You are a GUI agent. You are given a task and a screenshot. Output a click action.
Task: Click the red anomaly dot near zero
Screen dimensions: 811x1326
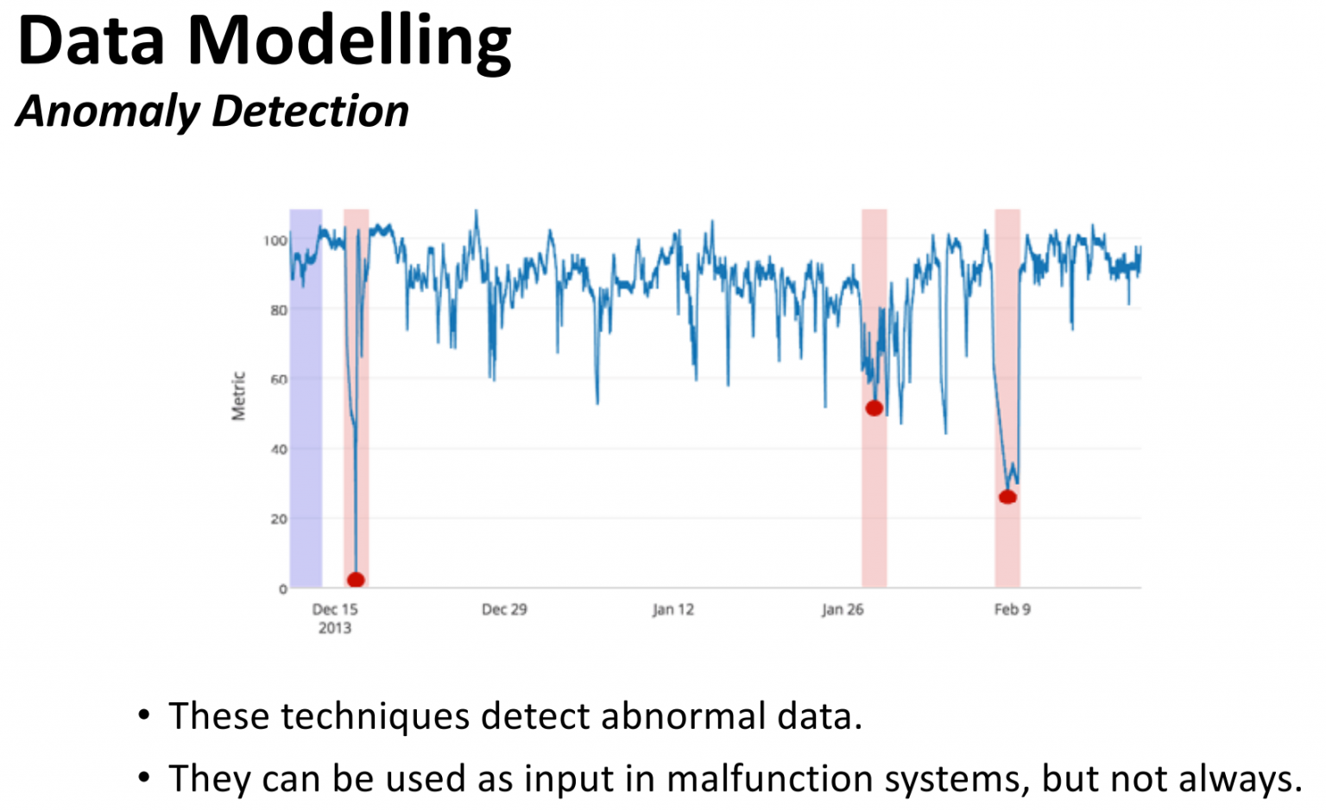pyautogui.click(x=356, y=580)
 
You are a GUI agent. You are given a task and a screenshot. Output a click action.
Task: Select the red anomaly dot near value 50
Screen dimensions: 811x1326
pyautogui.click(x=875, y=408)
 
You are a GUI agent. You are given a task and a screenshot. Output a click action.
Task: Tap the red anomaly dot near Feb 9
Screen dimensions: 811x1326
pyautogui.click(x=1007, y=497)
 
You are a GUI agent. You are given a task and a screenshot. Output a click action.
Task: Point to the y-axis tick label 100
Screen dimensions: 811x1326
pyautogui.click(x=275, y=241)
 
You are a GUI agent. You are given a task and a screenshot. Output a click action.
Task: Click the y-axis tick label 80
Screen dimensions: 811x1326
pyautogui.click(x=278, y=310)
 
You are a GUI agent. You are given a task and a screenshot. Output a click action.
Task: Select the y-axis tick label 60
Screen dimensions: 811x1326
pyautogui.click(x=278, y=380)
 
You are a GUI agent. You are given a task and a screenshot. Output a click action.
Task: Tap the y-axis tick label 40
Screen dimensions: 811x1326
pyautogui.click(x=278, y=450)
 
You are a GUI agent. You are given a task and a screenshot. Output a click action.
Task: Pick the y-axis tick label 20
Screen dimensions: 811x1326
pyautogui.click(x=278, y=519)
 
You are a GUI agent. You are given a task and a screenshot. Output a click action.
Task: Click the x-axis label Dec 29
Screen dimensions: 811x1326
pyautogui.click(x=504, y=609)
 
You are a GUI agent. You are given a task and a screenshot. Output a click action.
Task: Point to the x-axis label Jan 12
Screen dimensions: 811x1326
pyautogui.click(x=673, y=609)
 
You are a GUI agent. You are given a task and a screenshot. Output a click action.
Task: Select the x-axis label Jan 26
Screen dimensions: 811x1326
pyautogui.click(x=843, y=609)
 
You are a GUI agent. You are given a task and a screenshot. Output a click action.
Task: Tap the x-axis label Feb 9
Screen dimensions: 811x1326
pyautogui.click(x=1013, y=609)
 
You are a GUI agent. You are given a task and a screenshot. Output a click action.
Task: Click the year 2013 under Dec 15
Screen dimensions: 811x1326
pyautogui.click(x=335, y=628)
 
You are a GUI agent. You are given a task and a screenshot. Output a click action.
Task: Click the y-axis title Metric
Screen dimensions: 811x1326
pyautogui.click(x=238, y=396)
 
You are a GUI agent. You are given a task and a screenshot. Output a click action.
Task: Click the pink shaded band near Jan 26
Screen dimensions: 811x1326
pyautogui.click(x=875, y=518)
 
